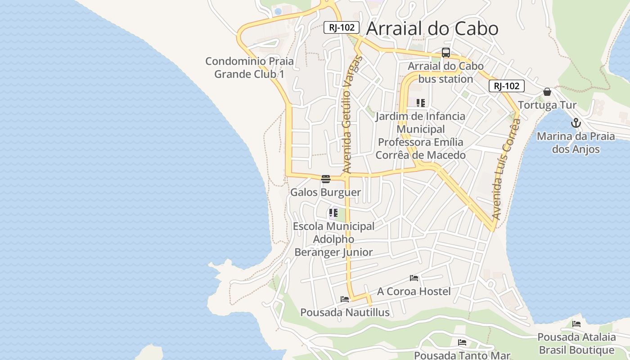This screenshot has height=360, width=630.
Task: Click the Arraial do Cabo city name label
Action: pos(432,28)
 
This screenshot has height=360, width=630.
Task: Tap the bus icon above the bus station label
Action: pos(445,53)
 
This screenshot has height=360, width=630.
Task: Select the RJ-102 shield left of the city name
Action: pos(342,27)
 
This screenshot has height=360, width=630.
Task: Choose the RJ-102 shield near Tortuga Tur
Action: pos(507,86)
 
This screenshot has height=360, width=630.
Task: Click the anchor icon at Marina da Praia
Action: pos(576,123)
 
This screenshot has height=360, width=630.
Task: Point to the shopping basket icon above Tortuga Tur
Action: pos(547,92)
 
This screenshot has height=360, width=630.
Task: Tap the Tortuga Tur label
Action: pos(547,105)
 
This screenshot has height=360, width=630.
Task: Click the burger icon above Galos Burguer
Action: pos(326,179)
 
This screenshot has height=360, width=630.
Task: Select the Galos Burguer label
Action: pos(325,193)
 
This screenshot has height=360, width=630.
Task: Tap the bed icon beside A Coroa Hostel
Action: pos(414,278)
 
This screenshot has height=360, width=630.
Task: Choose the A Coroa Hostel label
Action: pos(414,292)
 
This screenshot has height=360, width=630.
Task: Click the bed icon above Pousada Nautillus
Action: pos(345,299)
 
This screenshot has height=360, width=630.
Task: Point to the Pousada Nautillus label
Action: pos(345,312)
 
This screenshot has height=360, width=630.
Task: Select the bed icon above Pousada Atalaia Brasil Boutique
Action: pos(576,324)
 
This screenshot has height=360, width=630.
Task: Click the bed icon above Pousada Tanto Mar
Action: pos(462,342)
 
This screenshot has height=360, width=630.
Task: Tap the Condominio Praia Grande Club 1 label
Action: pos(249,67)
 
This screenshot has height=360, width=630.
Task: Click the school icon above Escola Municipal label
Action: pos(333,213)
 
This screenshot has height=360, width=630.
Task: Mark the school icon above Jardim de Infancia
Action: pos(421,103)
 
